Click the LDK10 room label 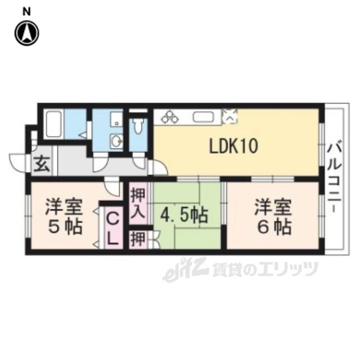click(x=234, y=146)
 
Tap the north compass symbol click(x=27, y=33)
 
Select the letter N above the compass click(x=26, y=12)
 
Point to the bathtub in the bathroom click(x=54, y=124)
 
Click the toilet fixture click(x=138, y=126)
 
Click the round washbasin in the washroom click(x=116, y=141)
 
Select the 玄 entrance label click(x=42, y=164)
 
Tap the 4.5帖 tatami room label click(x=184, y=216)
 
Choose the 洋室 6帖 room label click(x=273, y=217)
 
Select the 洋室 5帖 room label click(x=64, y=217)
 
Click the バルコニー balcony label click(x=334, y=178)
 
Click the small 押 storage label click(x=138, y=239)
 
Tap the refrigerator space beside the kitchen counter click(x=229, y=117)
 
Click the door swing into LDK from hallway click(x=159, y=168)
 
